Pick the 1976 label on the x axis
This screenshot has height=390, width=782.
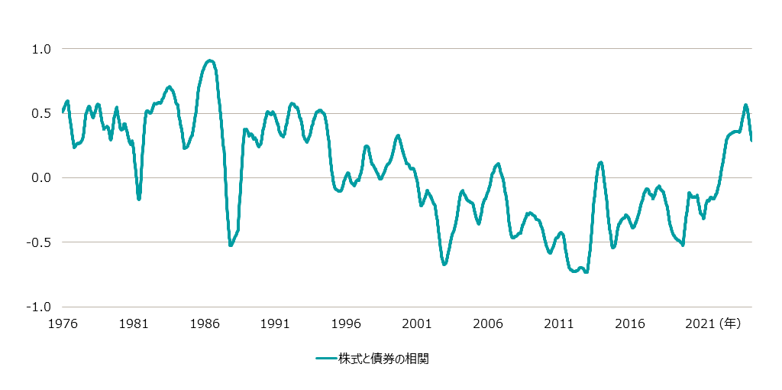click(x=63, y=323)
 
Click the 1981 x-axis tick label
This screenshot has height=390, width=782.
click(x=134, y=323)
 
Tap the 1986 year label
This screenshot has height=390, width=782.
click(x=205, y=323)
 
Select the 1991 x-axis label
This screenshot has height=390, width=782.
click(x=275, y=323)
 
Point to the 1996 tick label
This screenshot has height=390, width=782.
click(x=346, y=323)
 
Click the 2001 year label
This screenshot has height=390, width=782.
click(x=417, y=323)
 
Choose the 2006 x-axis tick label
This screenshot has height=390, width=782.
click(x=488, y=323)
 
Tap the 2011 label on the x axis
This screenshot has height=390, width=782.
click(x=559, y=323)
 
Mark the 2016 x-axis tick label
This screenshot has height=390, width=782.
click(x=629, y=323)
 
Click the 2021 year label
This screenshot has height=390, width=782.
click(x=700, y=323)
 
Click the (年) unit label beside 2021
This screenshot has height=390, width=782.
click(x=729, y=323)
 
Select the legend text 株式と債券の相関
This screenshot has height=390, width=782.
click(x=384, y=359)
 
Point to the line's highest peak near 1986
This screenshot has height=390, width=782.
click(x=210, y=60)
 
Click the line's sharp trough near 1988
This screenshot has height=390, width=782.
click(x=231, y=245)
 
